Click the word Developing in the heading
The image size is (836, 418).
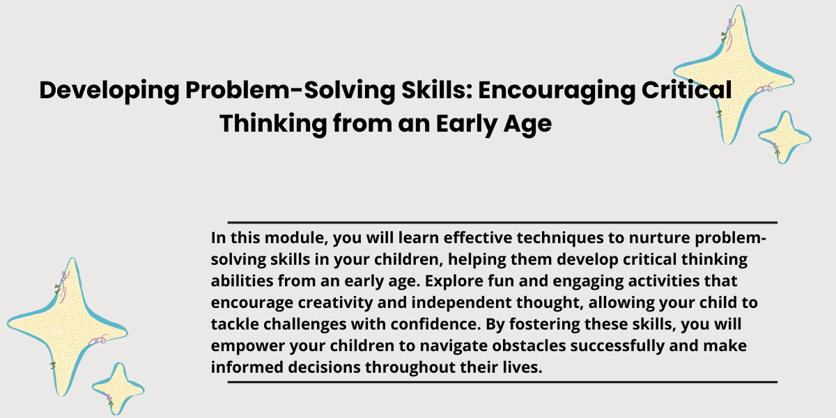[x=109, y=91]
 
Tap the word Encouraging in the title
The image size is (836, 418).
[x=557, y=91]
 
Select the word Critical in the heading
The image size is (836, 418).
[x=686, y=90]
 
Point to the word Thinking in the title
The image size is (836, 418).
[x=273, y=124]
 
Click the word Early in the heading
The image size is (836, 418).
[x=467, y=124]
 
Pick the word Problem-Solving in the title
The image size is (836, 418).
[x=290, y=91]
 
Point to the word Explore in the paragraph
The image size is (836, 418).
[x=454, y=281]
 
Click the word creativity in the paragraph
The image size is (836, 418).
[x=335, y=303]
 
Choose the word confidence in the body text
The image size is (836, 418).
[x=435, y=325]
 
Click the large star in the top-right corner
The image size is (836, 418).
[x=734, y=75]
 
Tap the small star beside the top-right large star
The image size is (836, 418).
[x=785, y=137]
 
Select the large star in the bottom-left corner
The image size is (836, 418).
[x=68, y=327]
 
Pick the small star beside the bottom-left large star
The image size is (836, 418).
[x=118, y=389]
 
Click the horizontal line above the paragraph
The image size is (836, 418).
[x=502, y=222]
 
